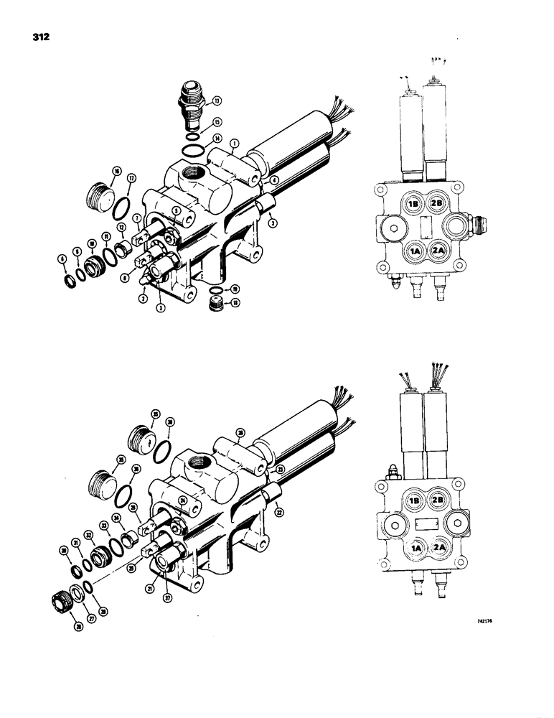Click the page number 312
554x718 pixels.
[22, 36]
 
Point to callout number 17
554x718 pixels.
[131, 179]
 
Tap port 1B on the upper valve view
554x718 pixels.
[413, 203]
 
